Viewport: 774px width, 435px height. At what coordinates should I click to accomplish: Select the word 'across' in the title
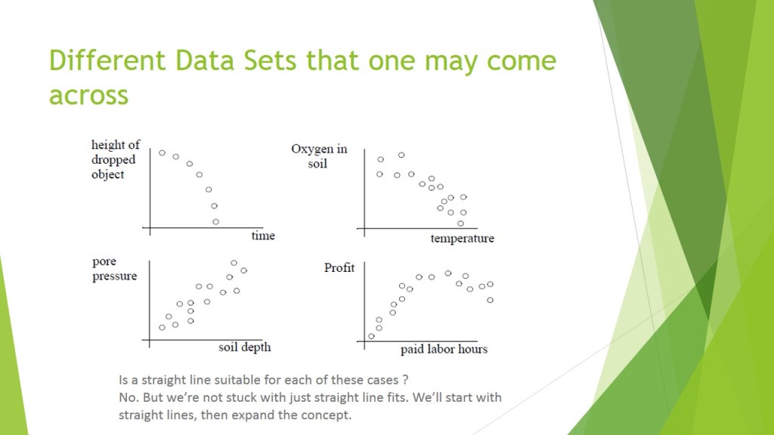coord(88,96)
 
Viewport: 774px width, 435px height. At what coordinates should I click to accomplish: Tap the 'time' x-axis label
coord(263,236)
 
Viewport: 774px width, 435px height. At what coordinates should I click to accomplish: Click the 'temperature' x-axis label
coord(462,239)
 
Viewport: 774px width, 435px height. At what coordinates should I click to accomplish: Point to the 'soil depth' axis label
coord(244,347)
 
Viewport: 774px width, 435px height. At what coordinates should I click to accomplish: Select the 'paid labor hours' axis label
coord(444,349)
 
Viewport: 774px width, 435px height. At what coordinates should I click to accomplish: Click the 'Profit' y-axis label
coord(339,268)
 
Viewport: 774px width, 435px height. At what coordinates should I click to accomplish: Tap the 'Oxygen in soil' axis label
coord(319,156)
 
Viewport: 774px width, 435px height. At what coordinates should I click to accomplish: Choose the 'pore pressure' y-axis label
coord(114,270)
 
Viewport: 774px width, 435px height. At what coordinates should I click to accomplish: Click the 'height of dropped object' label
coord(115,159)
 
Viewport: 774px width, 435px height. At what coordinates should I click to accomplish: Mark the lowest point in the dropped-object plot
coord(215,221)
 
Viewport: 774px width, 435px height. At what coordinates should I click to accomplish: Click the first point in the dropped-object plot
coord(162,153)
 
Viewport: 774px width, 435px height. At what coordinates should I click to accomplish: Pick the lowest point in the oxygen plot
coord(460,223)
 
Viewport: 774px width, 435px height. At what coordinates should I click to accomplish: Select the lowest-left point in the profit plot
coord(371,336)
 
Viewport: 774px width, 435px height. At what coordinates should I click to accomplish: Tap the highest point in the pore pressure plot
coord(234,263)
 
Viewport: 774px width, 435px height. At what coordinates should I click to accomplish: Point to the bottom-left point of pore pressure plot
coord(162,327)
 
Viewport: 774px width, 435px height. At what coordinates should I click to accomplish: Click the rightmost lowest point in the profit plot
coord(491,300)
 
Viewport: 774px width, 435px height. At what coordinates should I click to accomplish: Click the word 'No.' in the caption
coord(128,396)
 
